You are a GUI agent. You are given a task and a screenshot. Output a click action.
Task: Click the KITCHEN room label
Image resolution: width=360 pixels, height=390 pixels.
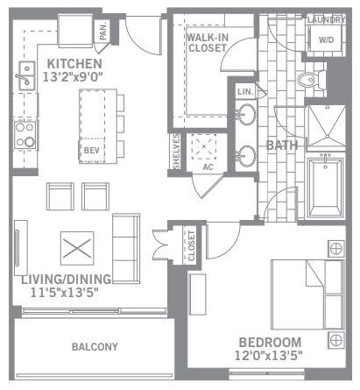point(74,64)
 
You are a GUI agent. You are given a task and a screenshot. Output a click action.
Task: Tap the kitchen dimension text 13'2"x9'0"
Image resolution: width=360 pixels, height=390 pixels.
point(73,77)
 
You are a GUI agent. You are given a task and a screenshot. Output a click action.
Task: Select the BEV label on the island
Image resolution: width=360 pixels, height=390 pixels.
point(91,151)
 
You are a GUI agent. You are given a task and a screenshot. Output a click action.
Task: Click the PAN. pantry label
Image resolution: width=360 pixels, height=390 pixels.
point(102,32)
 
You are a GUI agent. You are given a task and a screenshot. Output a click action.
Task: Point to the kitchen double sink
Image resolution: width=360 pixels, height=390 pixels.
point(27,76)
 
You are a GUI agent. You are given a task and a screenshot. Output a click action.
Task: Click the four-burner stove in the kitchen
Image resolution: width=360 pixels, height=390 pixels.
point(25,135)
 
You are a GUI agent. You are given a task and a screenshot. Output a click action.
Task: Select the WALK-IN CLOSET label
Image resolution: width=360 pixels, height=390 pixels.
point(208,43)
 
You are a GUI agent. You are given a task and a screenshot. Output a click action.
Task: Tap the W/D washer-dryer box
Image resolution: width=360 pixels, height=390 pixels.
point(326,39)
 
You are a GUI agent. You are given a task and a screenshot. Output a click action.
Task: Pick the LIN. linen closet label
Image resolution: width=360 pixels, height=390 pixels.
point(245,92)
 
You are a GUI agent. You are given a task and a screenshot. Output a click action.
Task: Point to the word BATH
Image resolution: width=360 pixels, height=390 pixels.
point(282,145)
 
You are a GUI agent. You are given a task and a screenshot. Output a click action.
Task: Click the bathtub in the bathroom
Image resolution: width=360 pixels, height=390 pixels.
point(326,188)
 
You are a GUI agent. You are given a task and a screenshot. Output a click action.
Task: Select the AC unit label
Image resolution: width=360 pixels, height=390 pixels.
point(208,167)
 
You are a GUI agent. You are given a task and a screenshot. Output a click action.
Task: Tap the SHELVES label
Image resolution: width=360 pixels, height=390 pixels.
point(176,152)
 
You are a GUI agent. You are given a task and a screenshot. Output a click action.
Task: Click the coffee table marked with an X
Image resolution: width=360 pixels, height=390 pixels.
point(77,248)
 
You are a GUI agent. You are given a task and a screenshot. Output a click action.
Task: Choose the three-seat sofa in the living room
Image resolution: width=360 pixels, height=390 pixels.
point(126,249)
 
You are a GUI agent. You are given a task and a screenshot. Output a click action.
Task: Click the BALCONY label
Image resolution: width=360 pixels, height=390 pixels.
point(95,347)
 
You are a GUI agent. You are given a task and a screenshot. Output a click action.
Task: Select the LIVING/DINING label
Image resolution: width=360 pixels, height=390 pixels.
point(67,280)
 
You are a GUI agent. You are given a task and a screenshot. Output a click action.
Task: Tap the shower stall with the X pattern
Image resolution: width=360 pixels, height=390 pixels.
point(327,126)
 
